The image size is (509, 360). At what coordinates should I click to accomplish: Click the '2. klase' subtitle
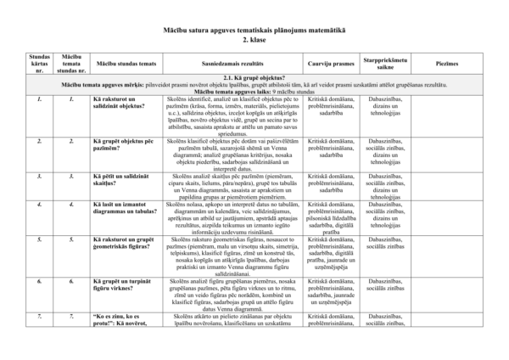click(x=254, y=39)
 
